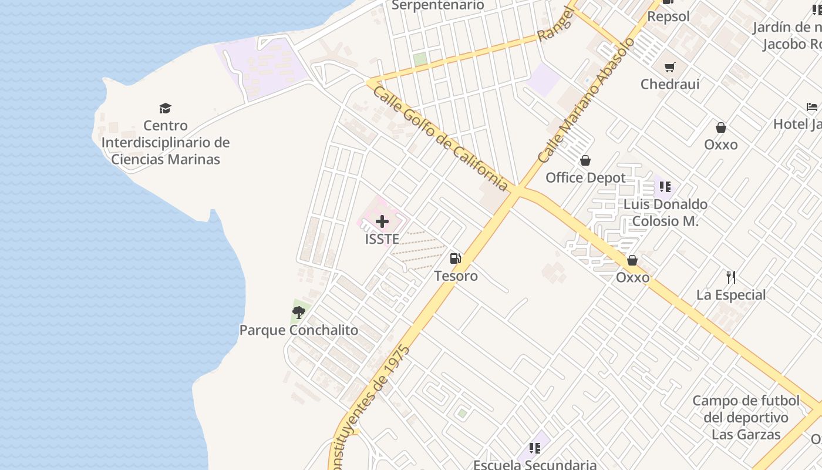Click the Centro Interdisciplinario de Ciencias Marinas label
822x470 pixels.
pos(166,142)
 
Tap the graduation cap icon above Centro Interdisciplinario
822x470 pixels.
pos(165,108)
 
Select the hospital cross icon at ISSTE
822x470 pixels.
pos(382,221)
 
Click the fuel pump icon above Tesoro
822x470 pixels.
pos(455,258)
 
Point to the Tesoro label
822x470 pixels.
pos(456,276)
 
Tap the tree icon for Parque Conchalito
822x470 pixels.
pos(299,312)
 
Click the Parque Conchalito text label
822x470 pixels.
pos(298,330)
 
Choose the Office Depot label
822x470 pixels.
pos(585,177)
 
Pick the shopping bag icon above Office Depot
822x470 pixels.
pos(585,160)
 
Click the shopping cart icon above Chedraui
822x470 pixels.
pos(669,67)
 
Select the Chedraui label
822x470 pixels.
pos(670,84)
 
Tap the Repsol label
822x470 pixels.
pos(668,16)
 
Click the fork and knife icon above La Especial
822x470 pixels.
pos(731,277)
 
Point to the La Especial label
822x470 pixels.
pos(731,295)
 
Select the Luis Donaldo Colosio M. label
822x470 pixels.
pos(665,213)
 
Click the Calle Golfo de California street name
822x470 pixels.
pos(440,139)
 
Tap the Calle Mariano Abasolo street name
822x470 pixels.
pos(587,100)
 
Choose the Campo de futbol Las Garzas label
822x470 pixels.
pos(746,418)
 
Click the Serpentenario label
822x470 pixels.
pos(437,5)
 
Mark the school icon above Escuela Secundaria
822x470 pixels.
pos(534,448)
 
